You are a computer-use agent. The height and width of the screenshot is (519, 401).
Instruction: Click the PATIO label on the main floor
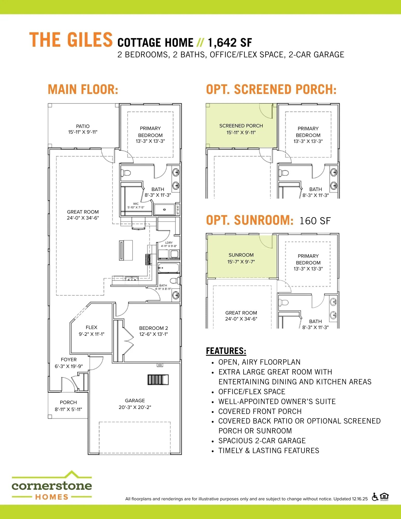(x=83, y=126)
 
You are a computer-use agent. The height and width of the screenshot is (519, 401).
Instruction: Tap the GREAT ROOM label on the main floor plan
(x=83, y=212)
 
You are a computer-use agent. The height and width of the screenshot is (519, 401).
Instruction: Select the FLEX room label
(x=91, y=327)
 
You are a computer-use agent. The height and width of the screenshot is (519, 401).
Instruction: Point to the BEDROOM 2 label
(x=153, y=328)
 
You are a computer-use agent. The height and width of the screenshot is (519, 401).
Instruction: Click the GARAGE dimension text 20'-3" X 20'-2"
(x=135, y=407)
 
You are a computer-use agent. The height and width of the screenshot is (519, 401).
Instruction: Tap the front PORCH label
(x=68, y=402)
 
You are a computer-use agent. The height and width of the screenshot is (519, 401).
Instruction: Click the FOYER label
(x=69, y=359)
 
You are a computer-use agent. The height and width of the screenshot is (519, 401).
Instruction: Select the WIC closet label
(x=136, y=204)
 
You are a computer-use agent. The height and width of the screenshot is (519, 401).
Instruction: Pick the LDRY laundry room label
(x=169, y=243)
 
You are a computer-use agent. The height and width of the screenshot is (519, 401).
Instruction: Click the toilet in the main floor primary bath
(x=126, y=173)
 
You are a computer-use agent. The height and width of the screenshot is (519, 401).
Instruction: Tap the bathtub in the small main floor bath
(x=168, y=268)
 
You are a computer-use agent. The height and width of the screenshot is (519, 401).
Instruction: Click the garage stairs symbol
(x=158, y=380)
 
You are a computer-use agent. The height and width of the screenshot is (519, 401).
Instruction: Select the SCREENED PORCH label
(x=241, y=126)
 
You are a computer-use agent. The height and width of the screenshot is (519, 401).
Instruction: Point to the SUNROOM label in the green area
(x=241, y=255)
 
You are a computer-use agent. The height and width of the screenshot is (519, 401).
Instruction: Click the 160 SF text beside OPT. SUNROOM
(x=315, y=221)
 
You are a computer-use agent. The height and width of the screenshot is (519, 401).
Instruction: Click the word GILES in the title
(x=90, y=40)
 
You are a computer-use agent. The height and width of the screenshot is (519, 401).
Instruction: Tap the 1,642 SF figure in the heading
(x=230, y=43)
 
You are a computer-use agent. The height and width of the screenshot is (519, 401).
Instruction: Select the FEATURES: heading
(x=226, y=351)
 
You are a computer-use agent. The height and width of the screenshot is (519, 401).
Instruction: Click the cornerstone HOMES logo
(x=52, y=485)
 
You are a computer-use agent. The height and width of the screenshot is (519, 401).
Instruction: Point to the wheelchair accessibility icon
(x=375, y=497)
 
